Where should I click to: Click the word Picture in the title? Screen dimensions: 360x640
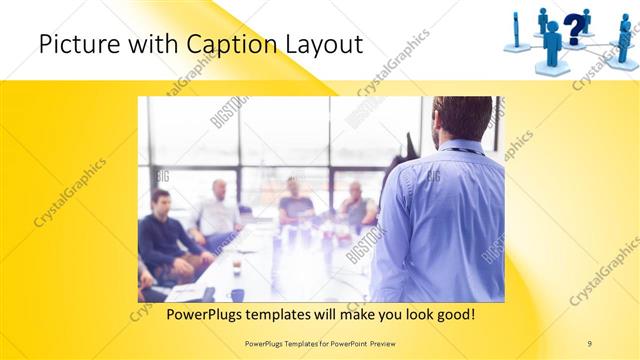[x=73, y=45]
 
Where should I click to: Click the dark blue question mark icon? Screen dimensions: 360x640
[x=572, y=27]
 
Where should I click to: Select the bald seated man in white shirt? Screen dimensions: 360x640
[x=218, y=210]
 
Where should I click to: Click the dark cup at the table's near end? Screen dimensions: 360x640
[x=237, y=294]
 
